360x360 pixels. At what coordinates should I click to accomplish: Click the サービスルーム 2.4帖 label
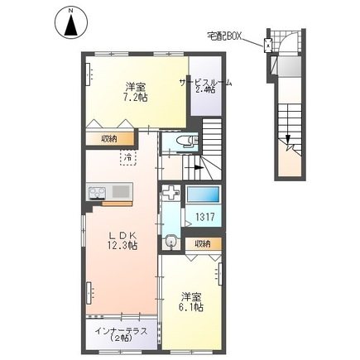[x=205, y=86]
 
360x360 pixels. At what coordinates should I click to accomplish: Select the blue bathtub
[x=204, y=196]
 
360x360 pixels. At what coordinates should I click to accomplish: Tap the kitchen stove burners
[x=94, y=194]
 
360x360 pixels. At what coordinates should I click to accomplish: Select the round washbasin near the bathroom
[x=170, y=242]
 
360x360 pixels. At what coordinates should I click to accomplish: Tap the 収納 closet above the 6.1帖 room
[x=202, y=243]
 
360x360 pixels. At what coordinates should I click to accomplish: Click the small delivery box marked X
[x=269, y=46]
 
